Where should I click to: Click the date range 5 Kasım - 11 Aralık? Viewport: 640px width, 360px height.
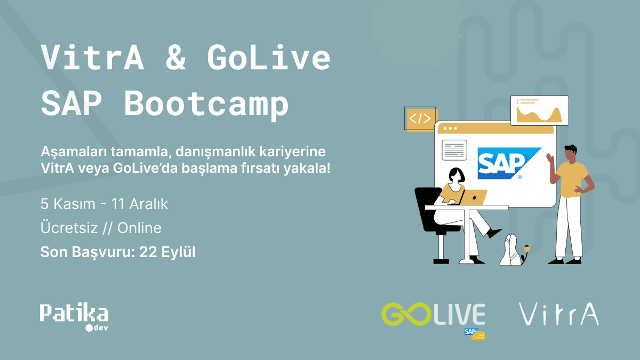click(x=105, y=204)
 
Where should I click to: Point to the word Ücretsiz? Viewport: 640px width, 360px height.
click(x=69, y=228)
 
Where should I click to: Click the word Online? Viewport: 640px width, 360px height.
click(x=139, y=228)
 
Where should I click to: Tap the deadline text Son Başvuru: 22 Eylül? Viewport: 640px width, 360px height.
click(x=118, y=252)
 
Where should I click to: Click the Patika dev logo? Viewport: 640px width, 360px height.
click(x=74, y=316)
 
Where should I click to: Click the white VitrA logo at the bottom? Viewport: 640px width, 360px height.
click(x=559, y=314)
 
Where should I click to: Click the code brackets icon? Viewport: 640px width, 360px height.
click(x=420, y=118)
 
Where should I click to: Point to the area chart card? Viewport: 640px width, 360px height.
click(x=539, y=110)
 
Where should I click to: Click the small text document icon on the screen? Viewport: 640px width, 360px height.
click(x=454, y=150)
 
